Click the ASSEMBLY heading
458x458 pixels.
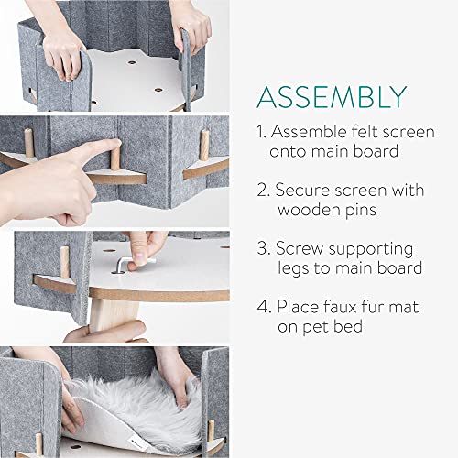[332, 97]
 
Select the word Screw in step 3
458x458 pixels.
[300, 249]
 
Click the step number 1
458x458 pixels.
[262, 132]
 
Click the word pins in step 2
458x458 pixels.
[361, 211]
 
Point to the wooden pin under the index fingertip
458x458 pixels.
[115, 158]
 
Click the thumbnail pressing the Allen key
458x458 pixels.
[140, 257]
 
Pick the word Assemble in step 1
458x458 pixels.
[310, 132]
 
